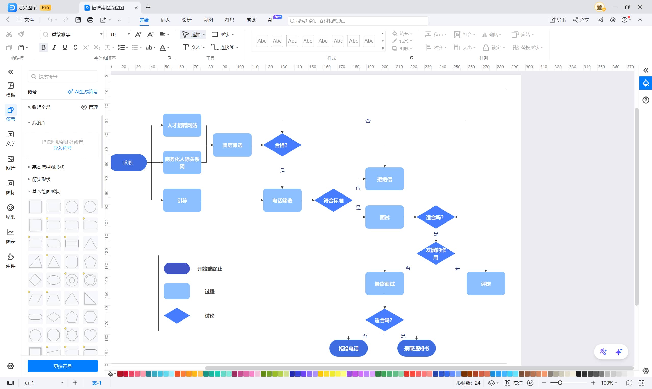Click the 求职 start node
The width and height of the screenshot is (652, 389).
pyautogui.click(x=128, y=162)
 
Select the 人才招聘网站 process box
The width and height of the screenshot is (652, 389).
pyautogui.click(x=182, y=125)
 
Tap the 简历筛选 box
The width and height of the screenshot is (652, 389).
pyautogui.click(x=232, y=145)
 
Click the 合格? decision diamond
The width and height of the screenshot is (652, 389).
pyautogui.click(x=282, y=145)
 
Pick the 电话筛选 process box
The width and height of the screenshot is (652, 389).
pyautogui.click(x=282, y=200)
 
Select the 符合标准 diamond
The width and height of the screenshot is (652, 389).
pyautogui.click(x=333, y=200)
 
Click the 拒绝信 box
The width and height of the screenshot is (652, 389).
pyautogui.click(x=385, y=179)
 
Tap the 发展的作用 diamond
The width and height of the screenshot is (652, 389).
pyautogui.click(x=436, y=254)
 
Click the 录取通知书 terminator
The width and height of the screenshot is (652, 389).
pyautogui.click(x=416, y=348)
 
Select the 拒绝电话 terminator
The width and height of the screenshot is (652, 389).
pyautogui.click(x=348, y=348)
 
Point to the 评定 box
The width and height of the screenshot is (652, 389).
pyautogui.click(x=485, y=284)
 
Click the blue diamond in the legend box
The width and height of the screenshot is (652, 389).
pyautogui.click(x=177, y=316)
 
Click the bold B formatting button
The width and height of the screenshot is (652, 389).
pyautogui.click(x=43, y=47)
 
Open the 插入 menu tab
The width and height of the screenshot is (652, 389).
pyautogui.click(x=165, y=20)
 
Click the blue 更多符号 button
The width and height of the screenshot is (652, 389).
pyautogui.click(x=62, y=366)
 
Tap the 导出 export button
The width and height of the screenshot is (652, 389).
pyautogui.click(x=558, y=20)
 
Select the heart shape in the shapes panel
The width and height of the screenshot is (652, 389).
pyautogui.click(x=90, y=335)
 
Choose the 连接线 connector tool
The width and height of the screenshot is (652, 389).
pyautogui.click(x=224, y=47)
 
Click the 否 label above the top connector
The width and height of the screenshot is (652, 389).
pyautogui.click(x=368, y=121)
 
